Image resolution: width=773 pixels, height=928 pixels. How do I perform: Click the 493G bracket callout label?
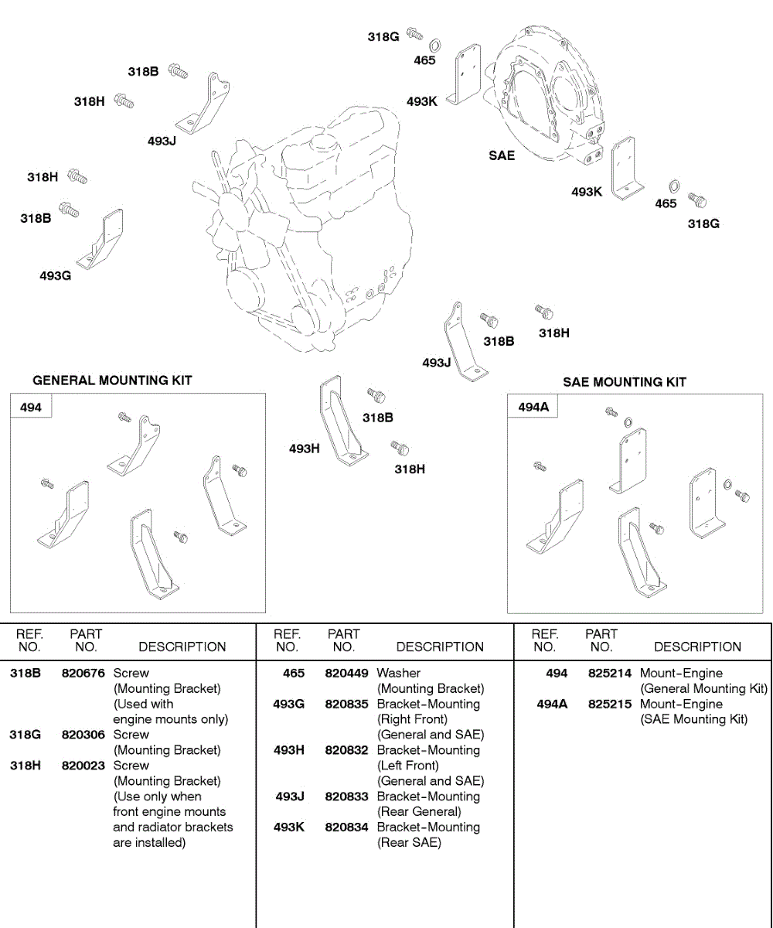56,275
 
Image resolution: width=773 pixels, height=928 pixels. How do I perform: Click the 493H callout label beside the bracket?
305,449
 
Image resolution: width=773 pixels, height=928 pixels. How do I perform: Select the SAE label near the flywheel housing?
502,155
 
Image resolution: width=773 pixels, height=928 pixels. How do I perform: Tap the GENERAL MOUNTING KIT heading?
112,380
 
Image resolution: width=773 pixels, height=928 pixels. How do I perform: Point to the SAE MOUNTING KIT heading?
625,382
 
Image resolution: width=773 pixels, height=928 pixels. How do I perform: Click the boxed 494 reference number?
31,407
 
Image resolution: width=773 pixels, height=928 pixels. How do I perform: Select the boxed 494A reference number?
533,407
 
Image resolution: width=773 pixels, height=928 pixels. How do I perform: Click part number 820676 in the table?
83,673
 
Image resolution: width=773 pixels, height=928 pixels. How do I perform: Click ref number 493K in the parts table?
289,827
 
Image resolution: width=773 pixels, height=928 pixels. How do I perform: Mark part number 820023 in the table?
83,765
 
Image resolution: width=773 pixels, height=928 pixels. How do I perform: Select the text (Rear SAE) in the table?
409,842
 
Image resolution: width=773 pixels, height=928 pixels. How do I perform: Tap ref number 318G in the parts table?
25,734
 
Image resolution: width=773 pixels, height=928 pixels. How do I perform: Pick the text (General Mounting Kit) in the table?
703,688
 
